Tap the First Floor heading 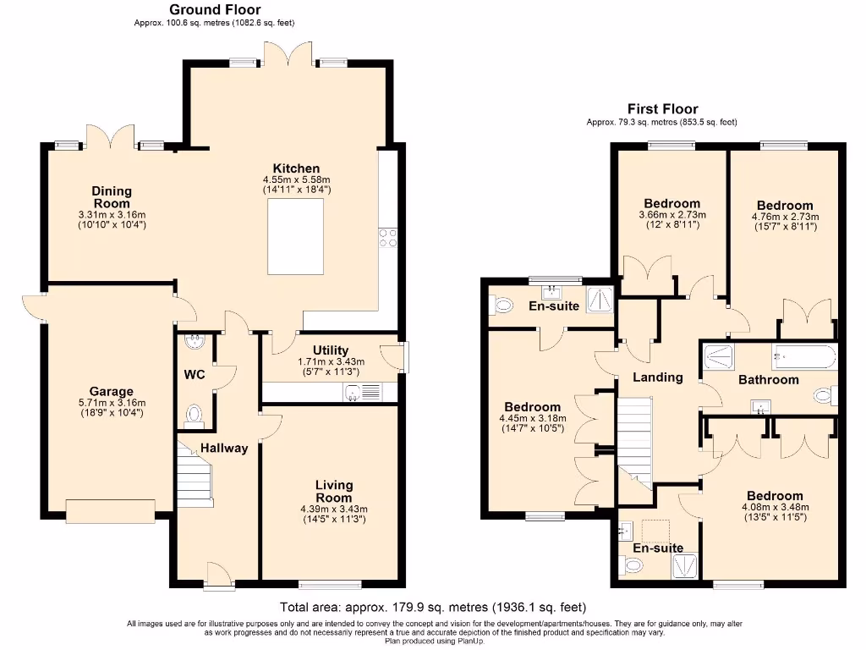click(662, 109)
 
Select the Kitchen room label click(296, 168)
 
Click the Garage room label click(112, 391)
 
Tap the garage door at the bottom click(111, 510)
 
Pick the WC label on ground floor click(195, 374)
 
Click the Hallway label click(224, 448)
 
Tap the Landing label click(658, 377)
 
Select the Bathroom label click(768, 379)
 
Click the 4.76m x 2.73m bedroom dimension click(785, 217)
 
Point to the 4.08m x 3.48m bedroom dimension click(774, 508)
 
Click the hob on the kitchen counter click(388, 238)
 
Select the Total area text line click(432, 608)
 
